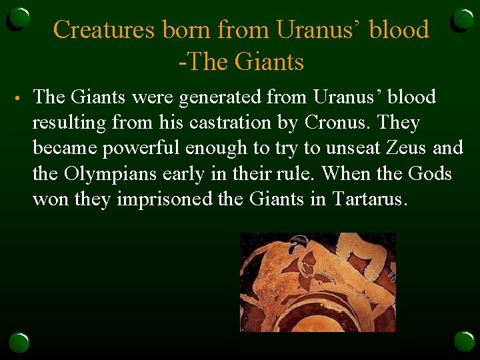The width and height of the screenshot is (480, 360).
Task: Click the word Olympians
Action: (108, 175)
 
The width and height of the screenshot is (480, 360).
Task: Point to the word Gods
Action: (429, 175)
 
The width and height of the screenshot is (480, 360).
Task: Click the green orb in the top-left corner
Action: (19, 20)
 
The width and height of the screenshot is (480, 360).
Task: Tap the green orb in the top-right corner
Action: (463, 20)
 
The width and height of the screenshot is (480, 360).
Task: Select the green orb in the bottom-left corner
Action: (19, 341)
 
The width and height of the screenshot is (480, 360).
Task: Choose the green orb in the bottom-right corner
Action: (463, 341)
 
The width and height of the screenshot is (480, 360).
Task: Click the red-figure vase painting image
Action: (318, 282)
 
